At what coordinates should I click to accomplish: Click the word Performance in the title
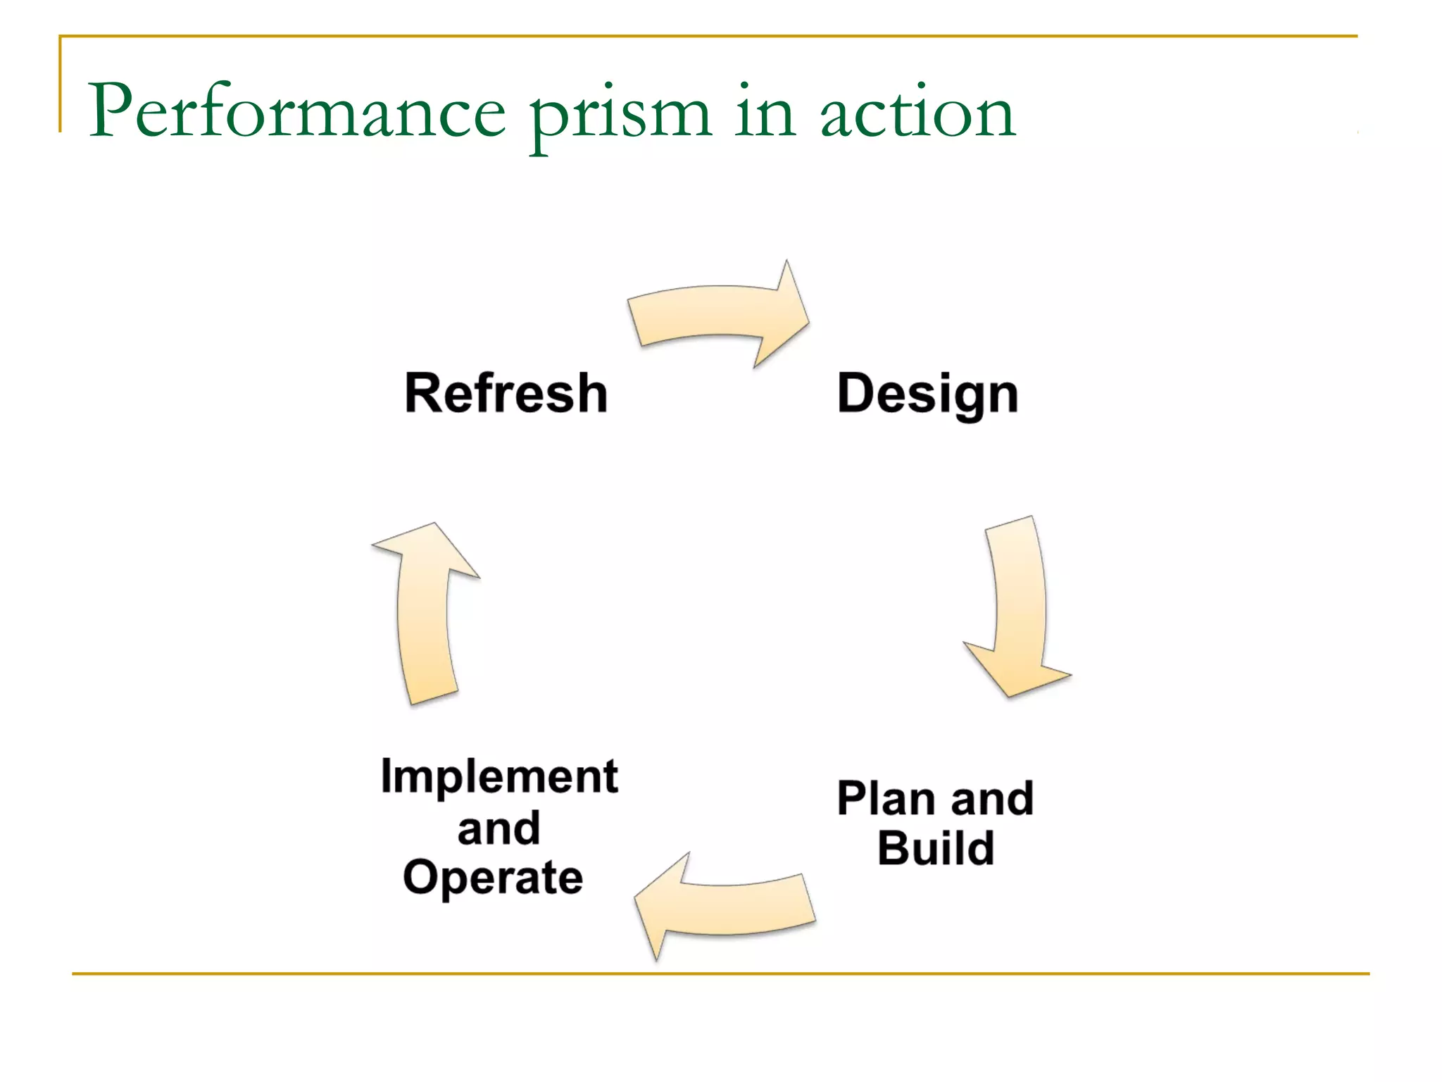click(x=296, y=111)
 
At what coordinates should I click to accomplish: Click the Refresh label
click(x=506, y=393)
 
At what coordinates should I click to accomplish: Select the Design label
click(x=927, y=394)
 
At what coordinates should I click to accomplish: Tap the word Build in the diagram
click(x=936, y=848)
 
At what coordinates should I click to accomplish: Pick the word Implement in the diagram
click(x=499, y=776)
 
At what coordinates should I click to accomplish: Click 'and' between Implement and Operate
click(x=499, y=828)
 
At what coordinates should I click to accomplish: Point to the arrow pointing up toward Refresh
click(x=425, y=613)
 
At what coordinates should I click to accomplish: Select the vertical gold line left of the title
click(x=61, y=85)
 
